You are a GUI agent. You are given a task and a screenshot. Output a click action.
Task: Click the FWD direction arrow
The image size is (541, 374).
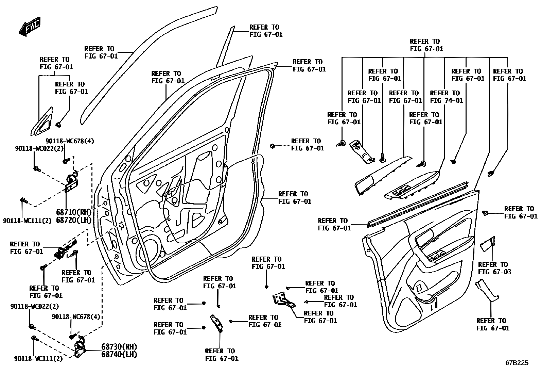coord(30,26)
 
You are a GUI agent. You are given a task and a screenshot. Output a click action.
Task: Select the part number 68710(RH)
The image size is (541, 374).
coord(74,212)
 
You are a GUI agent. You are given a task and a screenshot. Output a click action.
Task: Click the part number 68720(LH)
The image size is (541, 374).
coord(74,220)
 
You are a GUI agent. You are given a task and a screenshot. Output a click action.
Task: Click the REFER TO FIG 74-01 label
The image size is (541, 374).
coord(446,97)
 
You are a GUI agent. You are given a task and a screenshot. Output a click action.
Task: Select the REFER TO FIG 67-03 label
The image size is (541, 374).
coord(494,268)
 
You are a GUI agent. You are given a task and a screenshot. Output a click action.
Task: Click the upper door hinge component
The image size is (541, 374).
coord(72,183)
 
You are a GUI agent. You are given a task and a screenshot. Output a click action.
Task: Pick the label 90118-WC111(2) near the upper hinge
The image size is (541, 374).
coord(27,221)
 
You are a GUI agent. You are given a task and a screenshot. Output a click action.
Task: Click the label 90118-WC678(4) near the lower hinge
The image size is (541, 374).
coord(76,317)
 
